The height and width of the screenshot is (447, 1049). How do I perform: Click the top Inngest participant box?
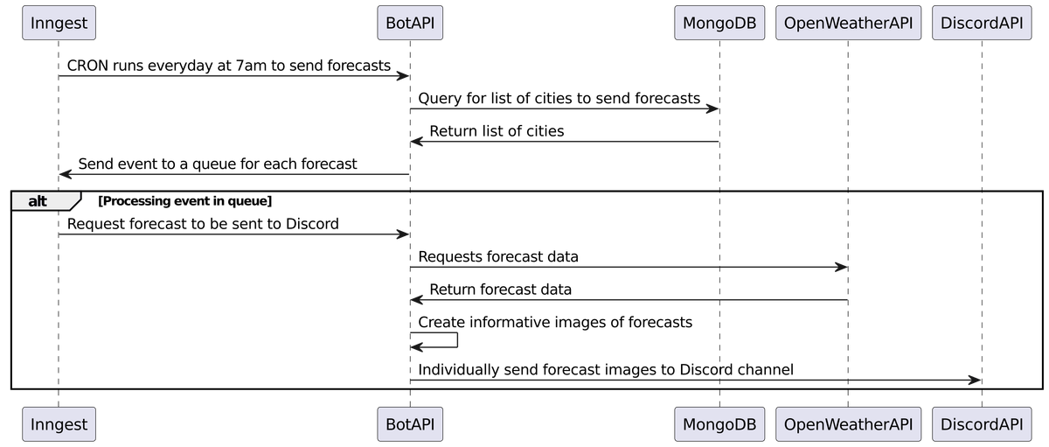58,23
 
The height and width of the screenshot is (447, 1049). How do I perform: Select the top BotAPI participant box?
410,23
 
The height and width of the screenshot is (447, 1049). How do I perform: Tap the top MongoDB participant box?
719,23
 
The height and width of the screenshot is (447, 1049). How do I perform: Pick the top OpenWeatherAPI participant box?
847,23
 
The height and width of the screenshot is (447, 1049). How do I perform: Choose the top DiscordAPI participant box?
981,23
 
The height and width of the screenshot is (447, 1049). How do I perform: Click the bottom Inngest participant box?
58,424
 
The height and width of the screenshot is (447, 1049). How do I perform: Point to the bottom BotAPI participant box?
410,424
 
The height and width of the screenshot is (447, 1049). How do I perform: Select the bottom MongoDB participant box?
719,424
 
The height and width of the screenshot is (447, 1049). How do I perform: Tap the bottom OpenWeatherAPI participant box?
847,424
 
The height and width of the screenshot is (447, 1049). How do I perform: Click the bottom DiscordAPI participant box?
981,424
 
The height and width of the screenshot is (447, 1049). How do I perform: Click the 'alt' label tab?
39,201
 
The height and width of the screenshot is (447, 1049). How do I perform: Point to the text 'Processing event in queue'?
185,201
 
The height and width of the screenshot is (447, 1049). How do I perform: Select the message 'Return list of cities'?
497,131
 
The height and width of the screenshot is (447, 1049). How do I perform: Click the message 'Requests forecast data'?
498,256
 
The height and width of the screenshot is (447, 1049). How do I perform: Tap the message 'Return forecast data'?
501,290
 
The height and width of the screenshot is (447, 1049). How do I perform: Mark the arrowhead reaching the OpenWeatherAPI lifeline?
840,267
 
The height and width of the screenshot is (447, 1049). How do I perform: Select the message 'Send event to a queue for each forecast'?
218,164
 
